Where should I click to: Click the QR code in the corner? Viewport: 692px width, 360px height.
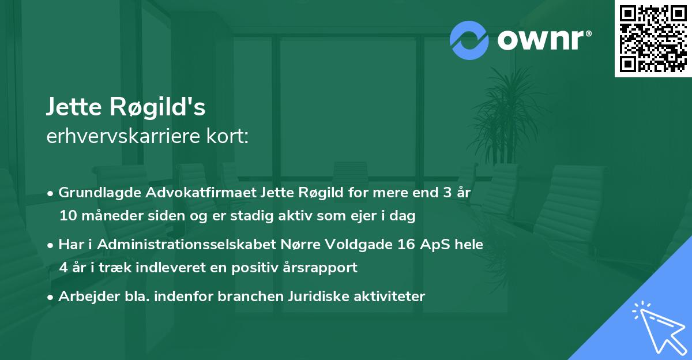(x=653, y=38)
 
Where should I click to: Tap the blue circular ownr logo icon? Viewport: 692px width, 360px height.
(x=469, y=40)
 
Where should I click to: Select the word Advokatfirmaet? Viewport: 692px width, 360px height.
(x=199, y=193)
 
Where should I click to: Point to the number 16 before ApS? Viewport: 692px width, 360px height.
(x=405, y=245)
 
